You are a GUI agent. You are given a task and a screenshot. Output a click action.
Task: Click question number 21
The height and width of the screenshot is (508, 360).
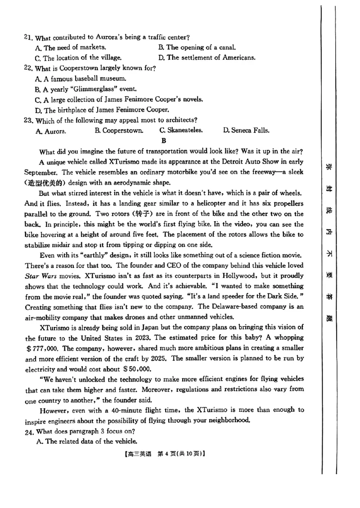click(x=28, y=37)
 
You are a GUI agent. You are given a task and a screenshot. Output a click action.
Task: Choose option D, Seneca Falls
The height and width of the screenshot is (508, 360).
click(x=246, y=131)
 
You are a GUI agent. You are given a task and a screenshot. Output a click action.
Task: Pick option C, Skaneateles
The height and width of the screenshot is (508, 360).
click(x=181, y=131)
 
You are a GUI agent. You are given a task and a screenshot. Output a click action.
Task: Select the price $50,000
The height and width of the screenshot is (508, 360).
click(x=137, y=369)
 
